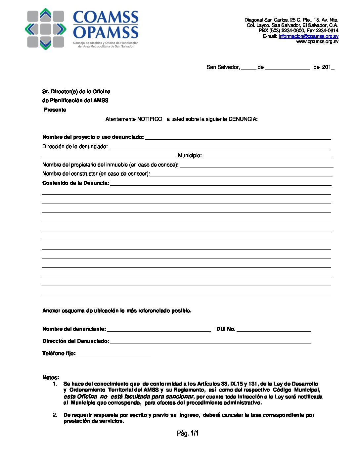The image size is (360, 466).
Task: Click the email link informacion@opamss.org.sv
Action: [x=308, y=36]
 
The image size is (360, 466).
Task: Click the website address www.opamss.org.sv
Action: [x=317, y=41]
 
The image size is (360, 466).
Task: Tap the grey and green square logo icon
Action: [x=46, y=29]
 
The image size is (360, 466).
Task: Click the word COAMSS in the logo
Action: [x=106, y=17]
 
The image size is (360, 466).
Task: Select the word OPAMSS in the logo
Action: [x=106, y=32]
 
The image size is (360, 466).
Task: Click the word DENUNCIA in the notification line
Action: [x=243, y=119]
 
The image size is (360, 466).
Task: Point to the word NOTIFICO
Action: [x=150, y=119]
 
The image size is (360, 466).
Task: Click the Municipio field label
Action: [x=190, y=156]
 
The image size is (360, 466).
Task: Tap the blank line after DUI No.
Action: [x=274, y=329]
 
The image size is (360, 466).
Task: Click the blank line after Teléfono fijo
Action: [x=113, y=354]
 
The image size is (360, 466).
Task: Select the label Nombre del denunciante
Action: [x=74, y=329]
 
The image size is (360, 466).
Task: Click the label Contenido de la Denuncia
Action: [x=76, y=183]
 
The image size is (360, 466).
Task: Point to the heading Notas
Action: [x=51, y=378]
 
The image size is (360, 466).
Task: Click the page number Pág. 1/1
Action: [x=188, y=433]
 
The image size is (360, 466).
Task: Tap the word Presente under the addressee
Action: [x=55, y=110]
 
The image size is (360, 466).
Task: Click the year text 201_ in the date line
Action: [x=328, y=67]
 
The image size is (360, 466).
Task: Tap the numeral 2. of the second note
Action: [x=55, y=415]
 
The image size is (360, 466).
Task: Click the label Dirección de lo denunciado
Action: [x=75, y=147]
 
